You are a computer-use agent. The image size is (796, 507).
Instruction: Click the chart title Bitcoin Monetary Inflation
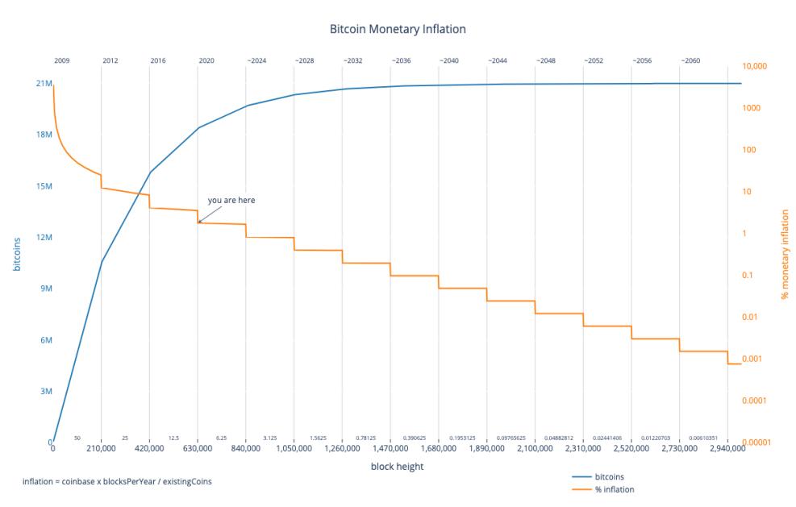click(398, 29)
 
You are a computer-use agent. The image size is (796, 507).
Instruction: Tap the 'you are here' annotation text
click(231, 200)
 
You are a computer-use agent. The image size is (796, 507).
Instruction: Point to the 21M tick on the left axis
click(42, 83)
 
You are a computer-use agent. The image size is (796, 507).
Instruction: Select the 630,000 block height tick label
click(197, 448)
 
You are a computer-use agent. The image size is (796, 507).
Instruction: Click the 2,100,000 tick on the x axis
click(535, 448)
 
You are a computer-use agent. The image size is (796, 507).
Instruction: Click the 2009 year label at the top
click(61, 60)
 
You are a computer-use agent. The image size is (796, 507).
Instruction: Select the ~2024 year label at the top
click(256, 60)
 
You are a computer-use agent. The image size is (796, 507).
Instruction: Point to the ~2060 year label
click(690, 60)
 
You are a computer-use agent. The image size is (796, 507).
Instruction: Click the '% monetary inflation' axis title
click(785, 255)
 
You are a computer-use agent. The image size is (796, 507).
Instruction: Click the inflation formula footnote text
click(119, 481)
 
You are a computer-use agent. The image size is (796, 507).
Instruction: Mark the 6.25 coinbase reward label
click(221, 438)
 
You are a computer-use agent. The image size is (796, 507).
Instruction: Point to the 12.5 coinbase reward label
click(173, 438)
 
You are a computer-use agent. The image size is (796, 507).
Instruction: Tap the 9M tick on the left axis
click(44, 289)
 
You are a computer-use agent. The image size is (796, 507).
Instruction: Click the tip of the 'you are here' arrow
click(198, 222)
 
